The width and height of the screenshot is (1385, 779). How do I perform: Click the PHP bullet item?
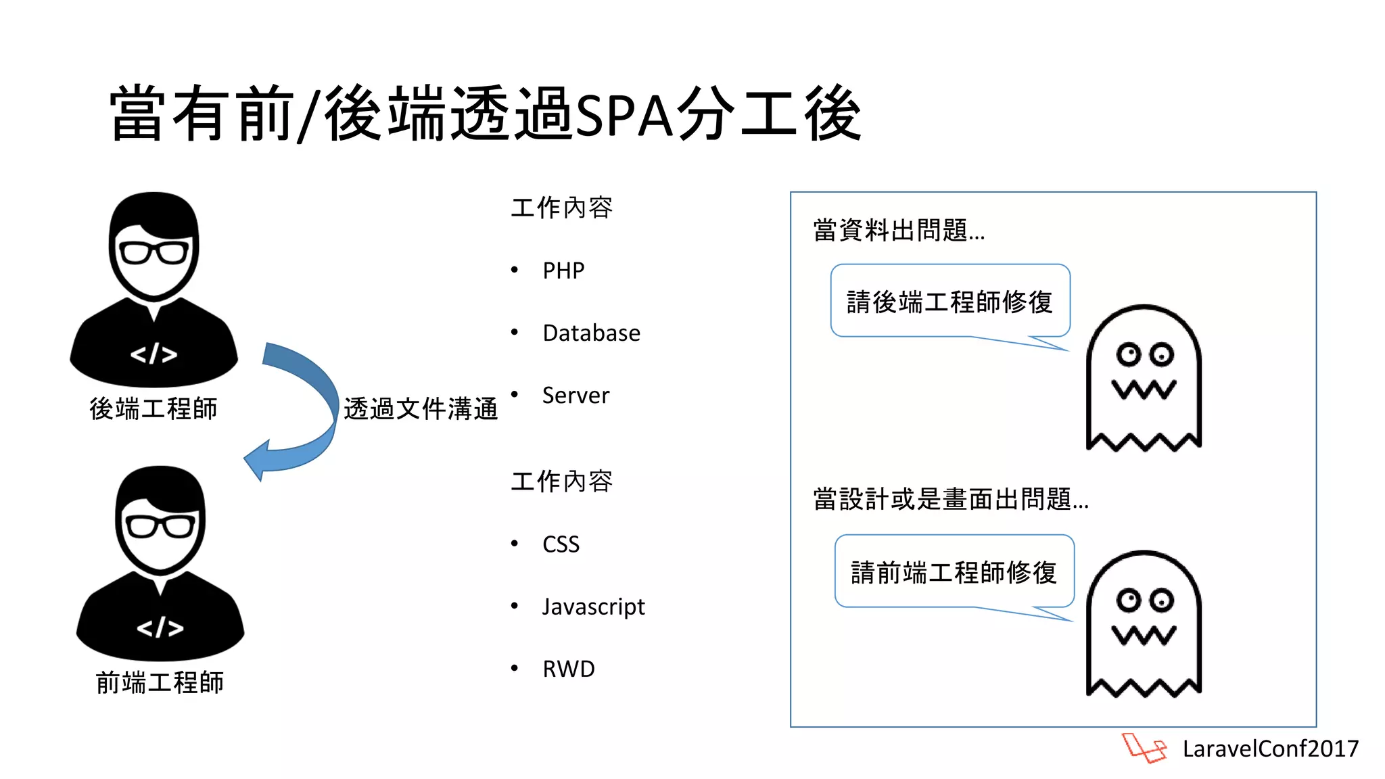[x=563, y=270]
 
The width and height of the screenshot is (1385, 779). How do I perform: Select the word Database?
[x=591, y=333]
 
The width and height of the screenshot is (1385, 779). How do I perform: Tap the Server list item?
[x=576, y=395]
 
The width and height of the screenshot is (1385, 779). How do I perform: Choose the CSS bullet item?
[x=561, y=544]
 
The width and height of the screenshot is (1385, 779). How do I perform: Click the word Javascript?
[x=593, y=607]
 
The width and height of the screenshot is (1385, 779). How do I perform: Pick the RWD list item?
[x=568, y=669]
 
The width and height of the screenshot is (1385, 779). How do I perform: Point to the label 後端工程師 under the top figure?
[x=154, y=409]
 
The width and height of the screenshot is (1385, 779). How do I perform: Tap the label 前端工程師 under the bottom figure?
[x=160, y=682]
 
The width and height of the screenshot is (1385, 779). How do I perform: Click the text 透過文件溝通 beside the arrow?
[x=421, y=409]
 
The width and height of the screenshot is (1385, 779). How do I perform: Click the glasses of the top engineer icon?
[x=154, y=253]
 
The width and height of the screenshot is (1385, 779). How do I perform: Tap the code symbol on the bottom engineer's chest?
[x=160, y=628]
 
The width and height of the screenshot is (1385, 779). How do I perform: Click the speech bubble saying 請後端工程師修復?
[x=949, y=302]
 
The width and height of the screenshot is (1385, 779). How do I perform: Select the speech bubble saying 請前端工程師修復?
[x=954, y=572]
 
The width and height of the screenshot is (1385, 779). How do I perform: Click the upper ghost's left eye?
[x=1128, y=354]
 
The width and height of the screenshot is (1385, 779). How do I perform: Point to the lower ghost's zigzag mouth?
[x=1144, y=635]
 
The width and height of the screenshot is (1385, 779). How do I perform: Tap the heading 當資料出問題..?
[x=898, y=231]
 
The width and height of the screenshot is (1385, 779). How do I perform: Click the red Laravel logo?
[x=1144, y=748]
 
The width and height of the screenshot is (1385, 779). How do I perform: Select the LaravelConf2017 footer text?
[x=1270, y=749]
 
